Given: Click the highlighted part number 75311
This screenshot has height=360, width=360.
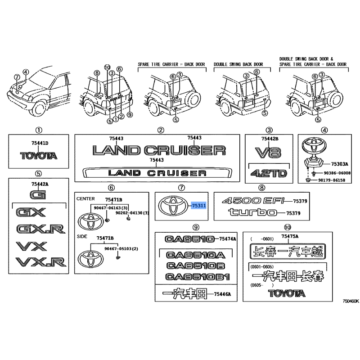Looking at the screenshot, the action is pos(199,206).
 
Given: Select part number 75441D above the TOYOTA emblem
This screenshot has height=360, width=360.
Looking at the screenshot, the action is pos(40,143).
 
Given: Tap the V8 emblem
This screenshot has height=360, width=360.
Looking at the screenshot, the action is pos(268,153).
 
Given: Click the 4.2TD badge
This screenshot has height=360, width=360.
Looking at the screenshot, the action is pos(269,173).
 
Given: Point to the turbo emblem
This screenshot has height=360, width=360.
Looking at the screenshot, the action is pos(252,212).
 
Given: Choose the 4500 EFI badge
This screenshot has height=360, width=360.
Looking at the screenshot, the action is pos(253,201).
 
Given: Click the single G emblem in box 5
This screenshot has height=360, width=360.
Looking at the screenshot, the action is pos(38,195).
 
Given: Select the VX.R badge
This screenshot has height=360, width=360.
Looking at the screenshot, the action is pos(41,262).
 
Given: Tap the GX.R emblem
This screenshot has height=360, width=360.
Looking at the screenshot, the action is pos(41,229).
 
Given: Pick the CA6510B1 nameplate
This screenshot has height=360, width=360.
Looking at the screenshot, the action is pos(198,277).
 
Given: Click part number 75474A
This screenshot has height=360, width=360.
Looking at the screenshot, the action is pos(228,239).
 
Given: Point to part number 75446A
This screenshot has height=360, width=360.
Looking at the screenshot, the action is pos(222,294).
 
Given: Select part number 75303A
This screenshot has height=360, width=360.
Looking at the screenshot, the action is pos(340,164).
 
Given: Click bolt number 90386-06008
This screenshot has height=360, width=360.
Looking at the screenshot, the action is pos(337,173).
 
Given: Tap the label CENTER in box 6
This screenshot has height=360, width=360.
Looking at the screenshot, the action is pos(85,199).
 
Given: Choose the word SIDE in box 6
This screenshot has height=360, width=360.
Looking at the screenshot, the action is pos(82,237).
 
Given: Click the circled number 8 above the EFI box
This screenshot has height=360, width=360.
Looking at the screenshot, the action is pos(261,188).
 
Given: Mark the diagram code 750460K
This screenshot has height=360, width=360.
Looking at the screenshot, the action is pos(351,301).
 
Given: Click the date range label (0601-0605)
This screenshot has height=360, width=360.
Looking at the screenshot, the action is pos(262,267).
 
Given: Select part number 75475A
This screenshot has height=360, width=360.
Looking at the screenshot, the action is pos(290,236).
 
